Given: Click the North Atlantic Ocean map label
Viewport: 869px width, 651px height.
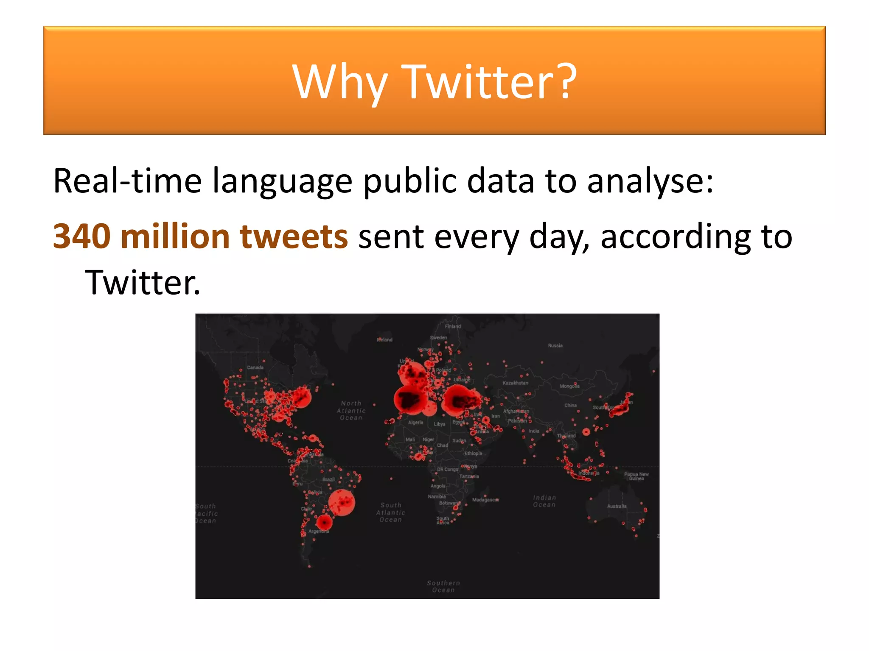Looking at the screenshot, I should point(351,410).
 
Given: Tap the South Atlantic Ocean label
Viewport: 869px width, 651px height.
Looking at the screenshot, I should point(391,512).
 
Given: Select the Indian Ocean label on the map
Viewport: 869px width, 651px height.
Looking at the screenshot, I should point(544,501).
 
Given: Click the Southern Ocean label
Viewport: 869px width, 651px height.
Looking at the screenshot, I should point(443,586).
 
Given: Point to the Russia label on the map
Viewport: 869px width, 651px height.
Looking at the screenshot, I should point(555,345).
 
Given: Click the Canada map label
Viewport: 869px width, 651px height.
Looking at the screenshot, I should point(255,367).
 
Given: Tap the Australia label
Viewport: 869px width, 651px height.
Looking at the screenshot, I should point(617,506).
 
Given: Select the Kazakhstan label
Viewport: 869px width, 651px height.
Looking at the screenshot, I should point(515,383).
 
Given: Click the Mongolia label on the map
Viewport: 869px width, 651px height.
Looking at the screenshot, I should point(569,386).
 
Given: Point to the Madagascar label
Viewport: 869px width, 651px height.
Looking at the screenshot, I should point(485,500).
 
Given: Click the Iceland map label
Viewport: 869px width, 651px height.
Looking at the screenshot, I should point(385,339).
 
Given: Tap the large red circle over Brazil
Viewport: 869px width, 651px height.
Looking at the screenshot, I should point(342,503).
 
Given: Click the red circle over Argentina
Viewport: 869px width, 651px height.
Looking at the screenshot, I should point(325,522).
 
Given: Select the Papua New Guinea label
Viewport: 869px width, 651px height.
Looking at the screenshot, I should point(636,476).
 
